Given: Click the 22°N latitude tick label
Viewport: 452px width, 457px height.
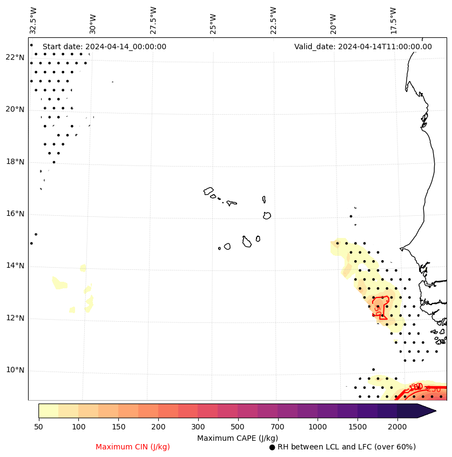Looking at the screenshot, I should pos(15,57).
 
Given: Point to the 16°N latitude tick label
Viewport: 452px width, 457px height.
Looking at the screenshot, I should pos(15,214).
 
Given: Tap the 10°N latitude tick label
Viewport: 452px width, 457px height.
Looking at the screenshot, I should pos(15,370).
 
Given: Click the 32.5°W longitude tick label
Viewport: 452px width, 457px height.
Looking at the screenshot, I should pos(33,20).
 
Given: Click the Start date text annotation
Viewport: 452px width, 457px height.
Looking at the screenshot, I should pos(104,47).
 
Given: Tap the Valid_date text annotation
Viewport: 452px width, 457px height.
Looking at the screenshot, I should pos(363,47).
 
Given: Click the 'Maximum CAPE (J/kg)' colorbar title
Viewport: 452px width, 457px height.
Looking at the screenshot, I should pos(238,438).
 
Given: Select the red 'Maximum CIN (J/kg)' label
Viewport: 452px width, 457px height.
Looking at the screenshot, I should pos(133,447).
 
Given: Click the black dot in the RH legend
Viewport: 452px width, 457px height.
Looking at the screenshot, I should pos(272,447).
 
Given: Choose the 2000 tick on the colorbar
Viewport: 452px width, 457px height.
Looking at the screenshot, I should pos(397,427).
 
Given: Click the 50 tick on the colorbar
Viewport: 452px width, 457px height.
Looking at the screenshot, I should pos(38,427).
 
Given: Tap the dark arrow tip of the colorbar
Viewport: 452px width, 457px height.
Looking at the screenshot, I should pos(432,410).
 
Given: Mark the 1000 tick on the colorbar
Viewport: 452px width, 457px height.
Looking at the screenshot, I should pos(318,427).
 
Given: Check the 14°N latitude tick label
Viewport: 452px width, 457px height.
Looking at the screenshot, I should pos(15,266).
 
